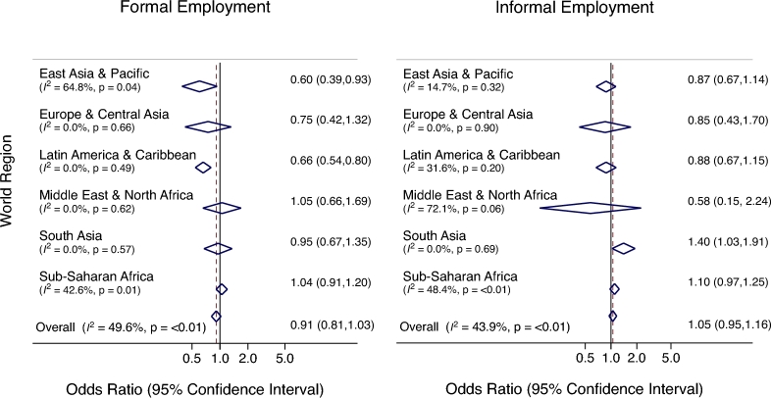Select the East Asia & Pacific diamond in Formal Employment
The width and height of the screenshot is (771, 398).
click(x=200, y=86)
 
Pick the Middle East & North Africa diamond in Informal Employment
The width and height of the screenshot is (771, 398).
click(x=591, y=207)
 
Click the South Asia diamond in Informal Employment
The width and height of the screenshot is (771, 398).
click(x=623, y=248)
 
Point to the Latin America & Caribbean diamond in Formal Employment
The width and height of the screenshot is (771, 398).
click(x=203, y=167)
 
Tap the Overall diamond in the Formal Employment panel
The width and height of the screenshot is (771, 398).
click(x=216, y=317)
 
